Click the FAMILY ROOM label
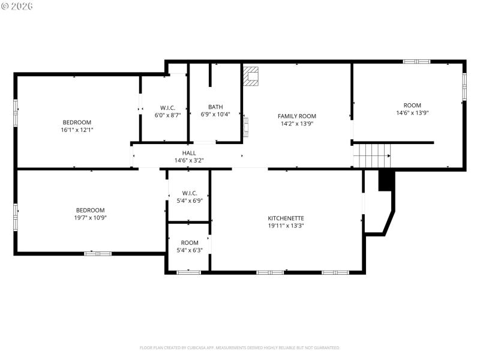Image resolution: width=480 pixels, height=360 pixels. (296, 116)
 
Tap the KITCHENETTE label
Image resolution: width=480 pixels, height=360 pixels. (286, 218)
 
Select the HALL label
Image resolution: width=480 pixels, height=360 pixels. (189, 153)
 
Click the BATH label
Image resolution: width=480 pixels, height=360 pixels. (215, 107)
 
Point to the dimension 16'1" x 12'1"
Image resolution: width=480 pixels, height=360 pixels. (77, 130)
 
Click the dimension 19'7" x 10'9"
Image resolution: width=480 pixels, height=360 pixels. (90, 217)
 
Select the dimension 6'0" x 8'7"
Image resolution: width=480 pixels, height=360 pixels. (167, 115)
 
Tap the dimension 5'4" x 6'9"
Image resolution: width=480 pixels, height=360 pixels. (188, 200)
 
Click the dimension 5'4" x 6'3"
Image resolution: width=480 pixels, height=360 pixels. (188, 250)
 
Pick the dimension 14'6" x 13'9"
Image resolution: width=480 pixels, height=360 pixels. (412, 113)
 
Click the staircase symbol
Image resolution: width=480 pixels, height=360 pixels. (371, 155)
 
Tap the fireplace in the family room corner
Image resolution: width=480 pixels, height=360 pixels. (251, 76)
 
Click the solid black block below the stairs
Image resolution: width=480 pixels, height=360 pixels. (385, 181)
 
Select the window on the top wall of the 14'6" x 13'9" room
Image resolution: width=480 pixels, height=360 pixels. (416, 61)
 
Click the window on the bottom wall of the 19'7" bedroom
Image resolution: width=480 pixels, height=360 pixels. (98, 254)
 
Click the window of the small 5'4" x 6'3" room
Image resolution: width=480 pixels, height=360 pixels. (188, 272)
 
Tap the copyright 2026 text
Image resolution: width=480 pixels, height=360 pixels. (17, 5)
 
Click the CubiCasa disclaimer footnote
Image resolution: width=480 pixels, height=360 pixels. (239, 347)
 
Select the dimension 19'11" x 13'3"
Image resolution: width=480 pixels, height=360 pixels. (286, 226)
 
